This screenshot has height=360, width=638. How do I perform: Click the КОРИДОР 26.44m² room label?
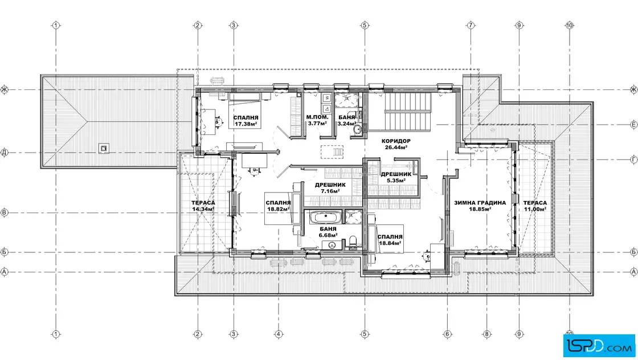pos(396,144)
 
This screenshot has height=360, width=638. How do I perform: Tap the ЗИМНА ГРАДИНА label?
pos(480,203)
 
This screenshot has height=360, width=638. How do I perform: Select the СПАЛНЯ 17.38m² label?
pos(246,121)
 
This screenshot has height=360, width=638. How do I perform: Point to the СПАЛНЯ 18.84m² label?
pos(390,240)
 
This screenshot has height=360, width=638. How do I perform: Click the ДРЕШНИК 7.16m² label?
pos(330,188)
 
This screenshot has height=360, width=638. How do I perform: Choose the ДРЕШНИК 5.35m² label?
pos(396,177)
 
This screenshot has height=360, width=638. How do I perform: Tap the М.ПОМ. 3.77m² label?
pos(317,120)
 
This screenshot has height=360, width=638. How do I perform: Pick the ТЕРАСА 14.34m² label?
pos(203,206)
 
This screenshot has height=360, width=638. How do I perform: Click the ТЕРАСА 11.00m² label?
pos(535,206)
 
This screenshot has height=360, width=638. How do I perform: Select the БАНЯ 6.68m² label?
pos(328,232)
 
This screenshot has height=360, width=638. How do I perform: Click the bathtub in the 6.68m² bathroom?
pos(325,217)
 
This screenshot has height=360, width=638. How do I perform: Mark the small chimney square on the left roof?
pos(104,149)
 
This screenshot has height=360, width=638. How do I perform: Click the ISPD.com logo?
pos(599,346)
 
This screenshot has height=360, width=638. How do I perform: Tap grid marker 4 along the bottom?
pos(279,334)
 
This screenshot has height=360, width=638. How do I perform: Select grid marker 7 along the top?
pos(471,25)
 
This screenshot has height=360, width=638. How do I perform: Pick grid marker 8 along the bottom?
pos(486,334)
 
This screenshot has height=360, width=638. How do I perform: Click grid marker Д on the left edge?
pos(4,153)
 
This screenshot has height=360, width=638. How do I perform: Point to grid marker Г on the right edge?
pos(633,160)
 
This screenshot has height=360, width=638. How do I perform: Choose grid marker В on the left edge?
pos(4,212)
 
